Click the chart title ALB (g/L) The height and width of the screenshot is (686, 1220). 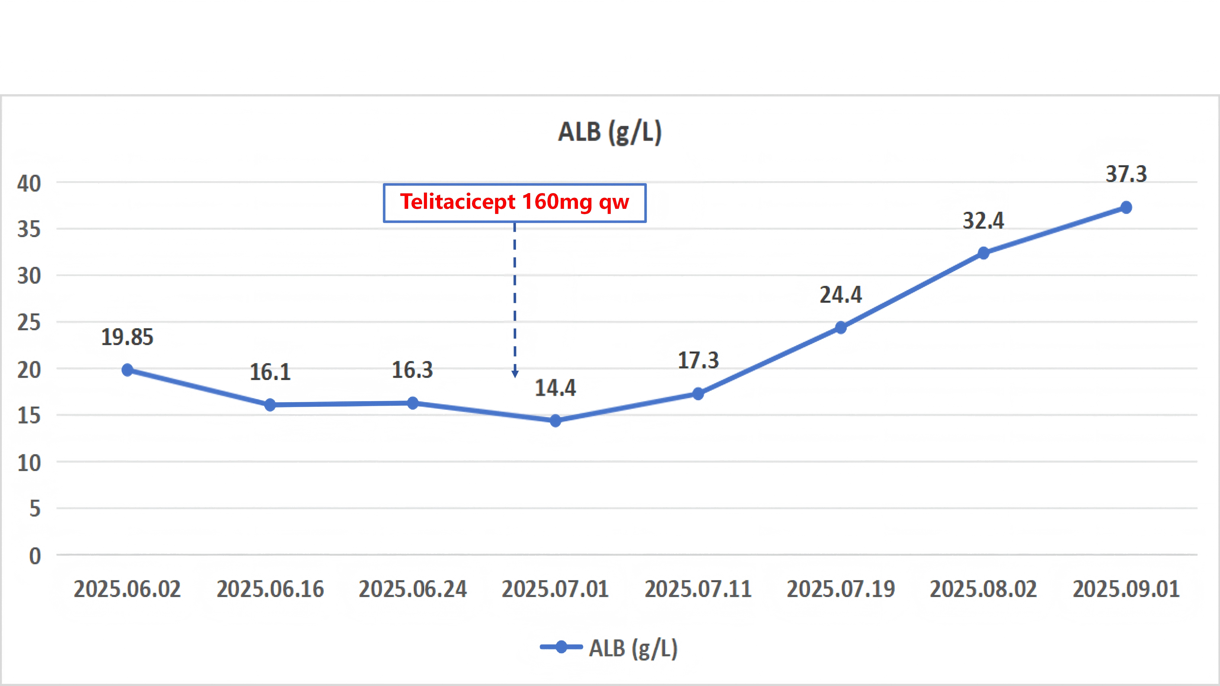609,132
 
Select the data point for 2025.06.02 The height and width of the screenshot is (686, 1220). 127,370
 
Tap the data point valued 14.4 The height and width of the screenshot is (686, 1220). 556,420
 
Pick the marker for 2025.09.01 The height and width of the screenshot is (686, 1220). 1126,207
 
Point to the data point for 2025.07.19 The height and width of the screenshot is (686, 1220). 841,328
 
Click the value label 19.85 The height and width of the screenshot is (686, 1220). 127,337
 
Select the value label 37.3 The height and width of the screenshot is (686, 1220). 1126,174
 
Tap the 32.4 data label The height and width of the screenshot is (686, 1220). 983,221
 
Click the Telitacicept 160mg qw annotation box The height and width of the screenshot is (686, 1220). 515,203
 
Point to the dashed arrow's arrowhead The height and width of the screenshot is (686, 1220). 515,374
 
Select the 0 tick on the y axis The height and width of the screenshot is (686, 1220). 35,556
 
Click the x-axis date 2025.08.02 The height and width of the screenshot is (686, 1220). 983,589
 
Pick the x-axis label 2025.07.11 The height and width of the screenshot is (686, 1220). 698,589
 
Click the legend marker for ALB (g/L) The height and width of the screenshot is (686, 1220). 561,647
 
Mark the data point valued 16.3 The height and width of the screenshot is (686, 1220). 413,403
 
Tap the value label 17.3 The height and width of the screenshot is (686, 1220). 698,360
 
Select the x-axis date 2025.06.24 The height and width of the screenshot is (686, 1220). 413,589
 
